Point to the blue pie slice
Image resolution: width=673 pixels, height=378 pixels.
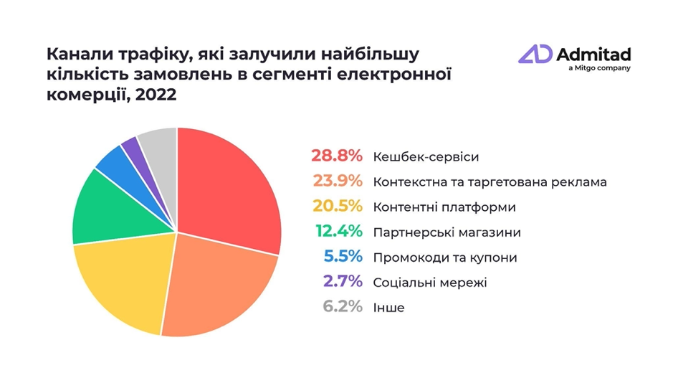[x=113, y=161]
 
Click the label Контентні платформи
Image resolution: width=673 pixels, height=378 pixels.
[x=444, y=207]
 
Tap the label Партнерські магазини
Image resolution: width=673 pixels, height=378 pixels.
[x=447, y=232]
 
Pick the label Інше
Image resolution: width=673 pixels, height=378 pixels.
[x=389, y=308]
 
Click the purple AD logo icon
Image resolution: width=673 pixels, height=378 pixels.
[x=536, y=55]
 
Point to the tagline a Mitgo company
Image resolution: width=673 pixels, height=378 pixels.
[x=598, y=68]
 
